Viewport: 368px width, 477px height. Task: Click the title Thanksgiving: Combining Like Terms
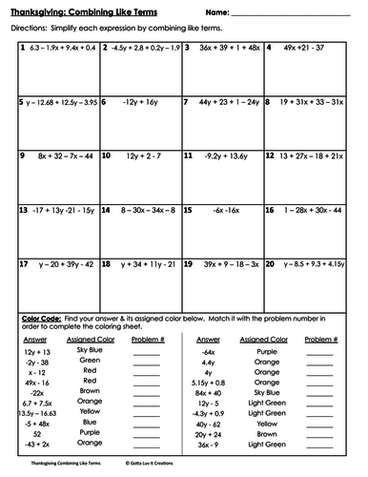click(x=95, y=11)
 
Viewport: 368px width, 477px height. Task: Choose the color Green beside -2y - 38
click(x=91, y=363)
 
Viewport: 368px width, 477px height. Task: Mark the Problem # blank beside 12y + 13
click(x=146, y=353)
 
